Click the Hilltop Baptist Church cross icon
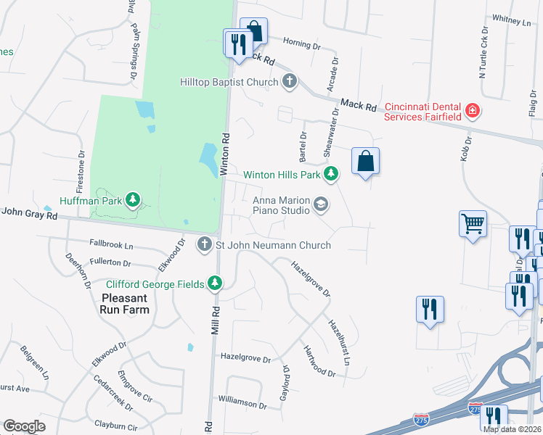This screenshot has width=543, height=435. [290, 82]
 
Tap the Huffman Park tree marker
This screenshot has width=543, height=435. [132, 199]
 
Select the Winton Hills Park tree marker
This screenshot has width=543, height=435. [331, 174]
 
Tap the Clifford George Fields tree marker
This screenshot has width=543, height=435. [214, 283]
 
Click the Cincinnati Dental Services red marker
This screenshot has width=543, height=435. [472, 111]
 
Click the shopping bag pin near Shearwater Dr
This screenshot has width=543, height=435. [365, 161]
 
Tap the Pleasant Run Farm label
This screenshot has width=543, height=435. [126, 304]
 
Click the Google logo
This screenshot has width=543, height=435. [25, 426]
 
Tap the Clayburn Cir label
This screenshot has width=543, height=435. [116, 427]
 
